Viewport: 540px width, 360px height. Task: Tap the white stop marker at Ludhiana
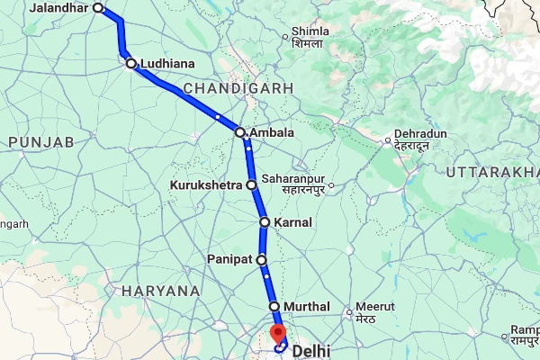[131, 64]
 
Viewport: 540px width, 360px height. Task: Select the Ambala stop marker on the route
[240, 132]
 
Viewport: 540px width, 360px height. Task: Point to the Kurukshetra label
[206, 185]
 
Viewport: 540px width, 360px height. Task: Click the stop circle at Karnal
[265, 221]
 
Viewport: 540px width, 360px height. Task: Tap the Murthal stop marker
[274, 307]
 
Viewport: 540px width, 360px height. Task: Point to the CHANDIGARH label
[238, 88]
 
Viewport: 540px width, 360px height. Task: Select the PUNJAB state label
[40, 142]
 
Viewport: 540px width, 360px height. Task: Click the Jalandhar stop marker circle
[98, 9]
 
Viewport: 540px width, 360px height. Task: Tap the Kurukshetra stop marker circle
[252, 185]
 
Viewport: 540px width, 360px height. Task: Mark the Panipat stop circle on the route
[262, 259]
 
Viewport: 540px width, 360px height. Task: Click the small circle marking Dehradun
[388, 139]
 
